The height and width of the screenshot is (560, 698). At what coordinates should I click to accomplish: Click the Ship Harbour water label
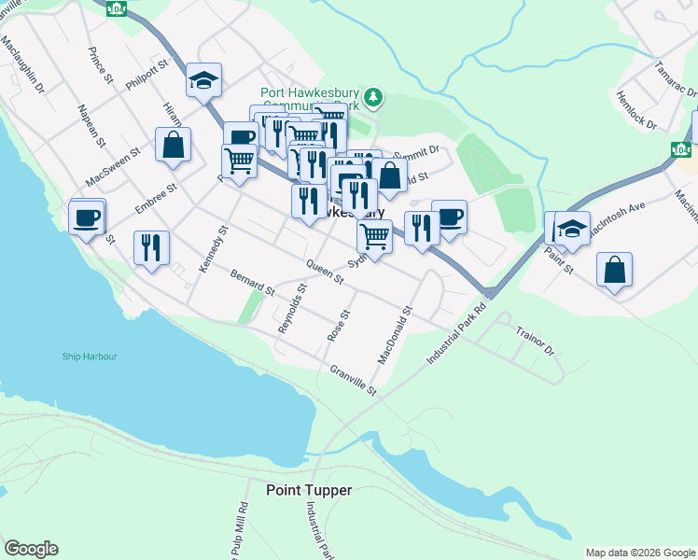[x=91, y=356]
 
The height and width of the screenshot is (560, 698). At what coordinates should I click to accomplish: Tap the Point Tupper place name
[x=309, y=490]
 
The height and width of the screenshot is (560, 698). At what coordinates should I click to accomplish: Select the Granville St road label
[x=353, y=379]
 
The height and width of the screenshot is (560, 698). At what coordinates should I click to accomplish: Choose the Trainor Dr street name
[x=535, y=342]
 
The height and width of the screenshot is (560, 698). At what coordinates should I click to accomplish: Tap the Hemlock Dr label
[x=637, y=110]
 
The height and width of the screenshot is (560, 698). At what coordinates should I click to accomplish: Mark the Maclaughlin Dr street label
[x=22, y=64]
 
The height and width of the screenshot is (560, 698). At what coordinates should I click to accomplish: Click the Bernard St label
[x=252, y=283]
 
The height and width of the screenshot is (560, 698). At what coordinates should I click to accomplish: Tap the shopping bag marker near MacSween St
[x=173, y=145]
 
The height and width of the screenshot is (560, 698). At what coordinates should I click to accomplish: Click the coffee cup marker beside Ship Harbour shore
[x=87, y=217]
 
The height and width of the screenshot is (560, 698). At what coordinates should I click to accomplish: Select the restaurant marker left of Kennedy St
[x=151, y=247]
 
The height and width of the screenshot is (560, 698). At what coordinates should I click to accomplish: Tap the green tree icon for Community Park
[x=374, y=96]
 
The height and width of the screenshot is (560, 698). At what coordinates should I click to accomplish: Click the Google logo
[x=31, y=549]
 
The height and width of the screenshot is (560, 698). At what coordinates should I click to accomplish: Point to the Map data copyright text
[x=639, y=553]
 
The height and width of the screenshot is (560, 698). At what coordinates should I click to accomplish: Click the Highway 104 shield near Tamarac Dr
[x=681, y=149]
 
